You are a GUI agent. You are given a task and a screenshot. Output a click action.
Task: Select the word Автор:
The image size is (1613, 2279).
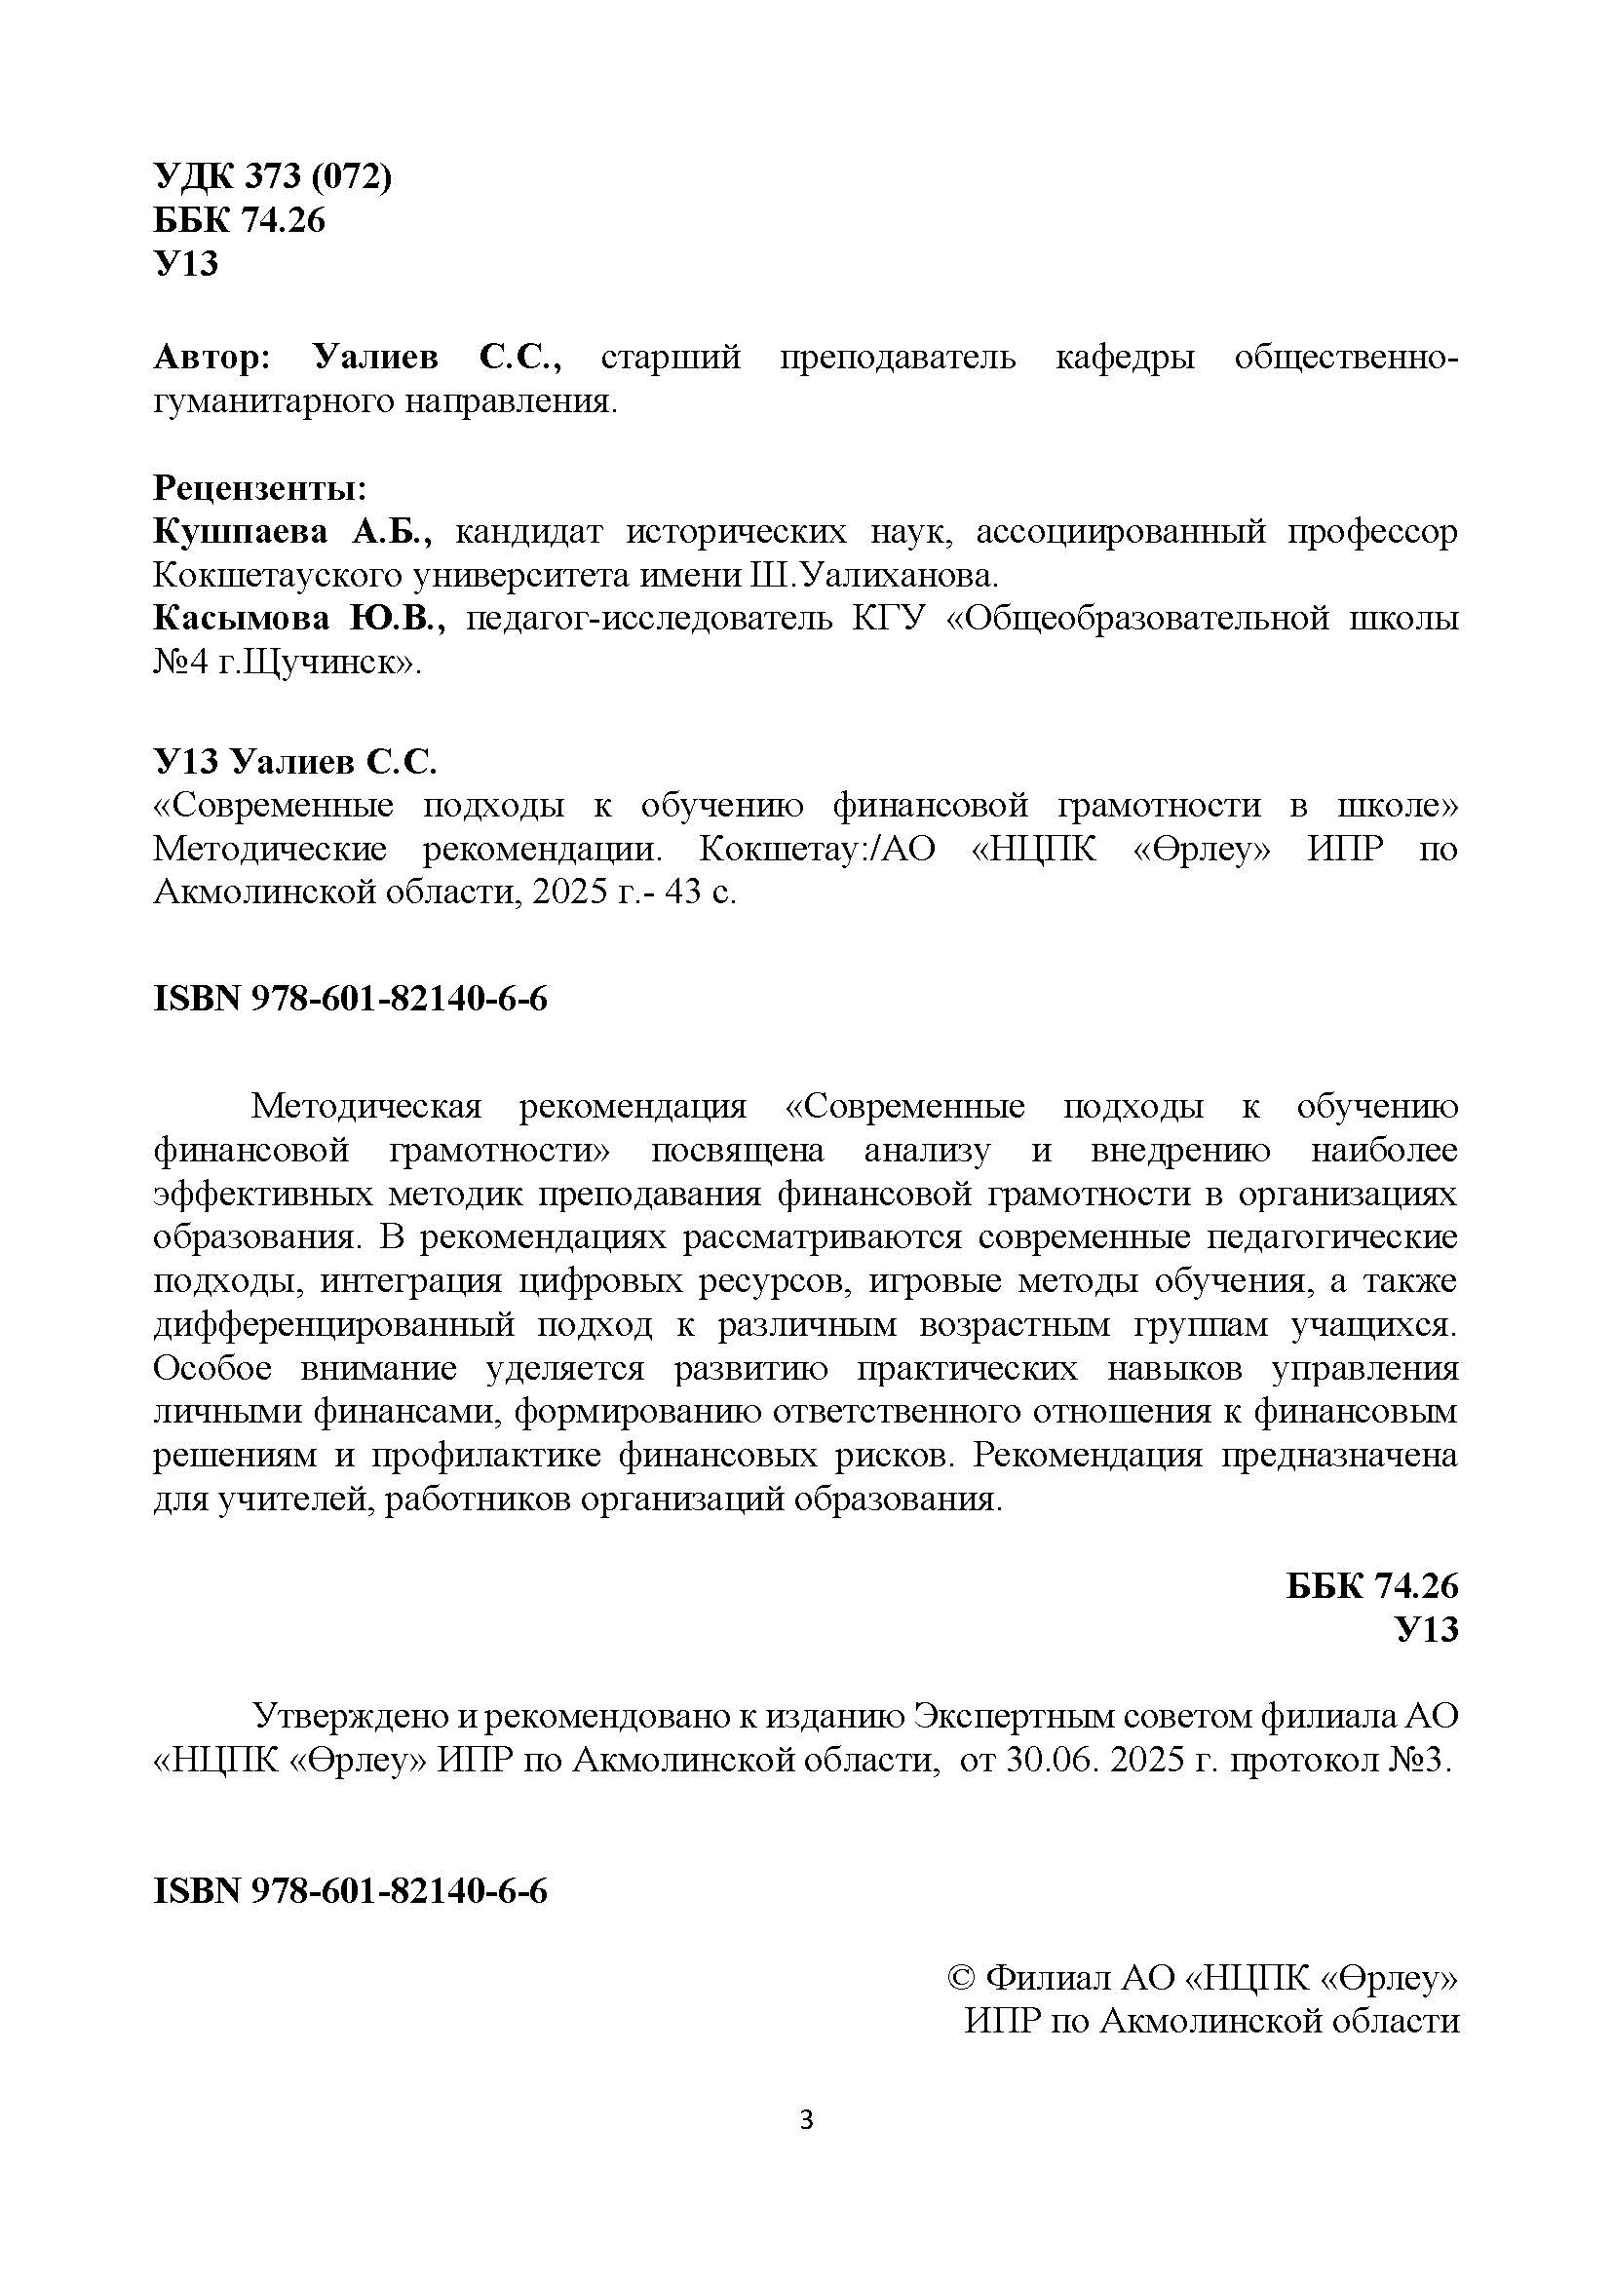(x=211, y=358)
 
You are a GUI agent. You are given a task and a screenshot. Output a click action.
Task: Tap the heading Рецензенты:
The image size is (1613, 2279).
(x=259, y=488)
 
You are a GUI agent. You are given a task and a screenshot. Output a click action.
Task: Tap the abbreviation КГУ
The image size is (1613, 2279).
(x=889, y=619)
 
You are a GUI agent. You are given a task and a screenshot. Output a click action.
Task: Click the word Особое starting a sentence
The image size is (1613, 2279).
(x=211, y=1368)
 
